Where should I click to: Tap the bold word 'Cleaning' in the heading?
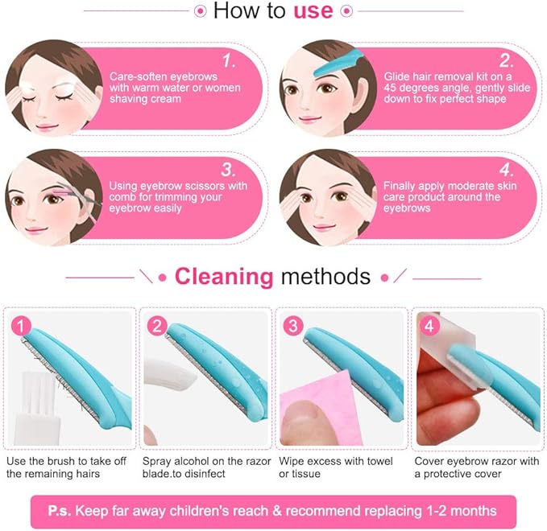(x=224, y=277)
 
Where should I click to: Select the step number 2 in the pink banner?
(x=506, y=60)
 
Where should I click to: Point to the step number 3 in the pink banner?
(x=229, y=169)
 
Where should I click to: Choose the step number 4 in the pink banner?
(x=506, y=169)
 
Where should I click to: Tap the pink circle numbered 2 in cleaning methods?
(x=157, y=327)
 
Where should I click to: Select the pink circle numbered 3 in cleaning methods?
(x=294, y=327)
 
